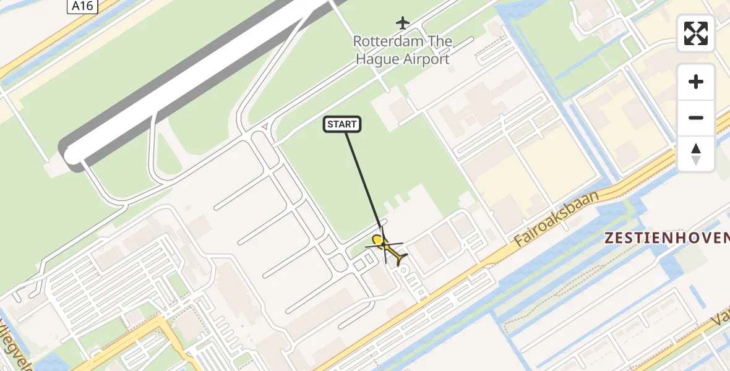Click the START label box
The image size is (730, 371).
click(x=342, y=124)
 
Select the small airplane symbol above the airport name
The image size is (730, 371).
click(x=403, y=23)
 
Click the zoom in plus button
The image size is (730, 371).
click(x=696, y=82)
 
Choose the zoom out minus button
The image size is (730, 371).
click(x=696, y=117)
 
